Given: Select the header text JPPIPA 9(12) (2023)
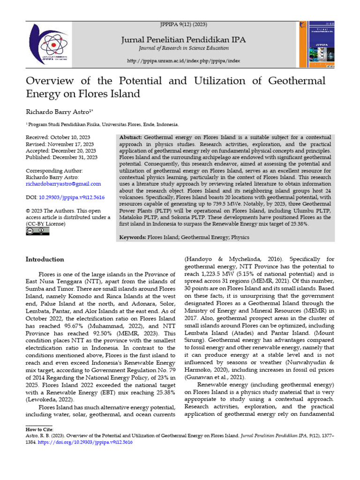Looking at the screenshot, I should click(x=184, y=24).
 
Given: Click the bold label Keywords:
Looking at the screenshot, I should click(x=132, y=238).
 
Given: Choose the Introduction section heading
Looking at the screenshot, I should click(x=45, y=259).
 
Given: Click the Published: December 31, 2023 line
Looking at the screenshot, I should click(x=61, y=157).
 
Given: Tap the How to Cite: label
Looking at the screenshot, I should click(x=40, y=429).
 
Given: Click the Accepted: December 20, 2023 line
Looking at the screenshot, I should click(x=60, y=150).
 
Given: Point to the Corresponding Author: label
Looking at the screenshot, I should click(x=54, y=171).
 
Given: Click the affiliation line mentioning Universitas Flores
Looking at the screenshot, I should click(x=102, y=125).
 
